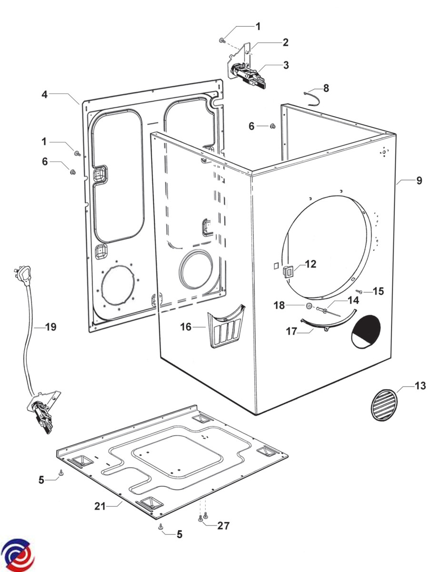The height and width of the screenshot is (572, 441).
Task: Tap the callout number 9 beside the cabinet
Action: coord(419,181)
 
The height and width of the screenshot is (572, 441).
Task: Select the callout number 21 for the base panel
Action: coord(100,506)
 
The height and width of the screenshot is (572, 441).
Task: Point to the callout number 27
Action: coord(223,526)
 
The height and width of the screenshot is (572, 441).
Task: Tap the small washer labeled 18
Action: coord(309,306)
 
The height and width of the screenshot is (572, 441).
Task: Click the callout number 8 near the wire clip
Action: coord(326,88)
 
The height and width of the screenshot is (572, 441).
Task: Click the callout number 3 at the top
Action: coord(286,65)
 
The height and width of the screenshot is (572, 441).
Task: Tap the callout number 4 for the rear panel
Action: coord(44,94)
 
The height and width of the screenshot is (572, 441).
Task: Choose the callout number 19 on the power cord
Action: coord(50,327)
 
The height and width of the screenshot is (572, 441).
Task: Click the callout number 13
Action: coord(420,386)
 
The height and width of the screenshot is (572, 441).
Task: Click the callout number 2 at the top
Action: coord(285,42)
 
